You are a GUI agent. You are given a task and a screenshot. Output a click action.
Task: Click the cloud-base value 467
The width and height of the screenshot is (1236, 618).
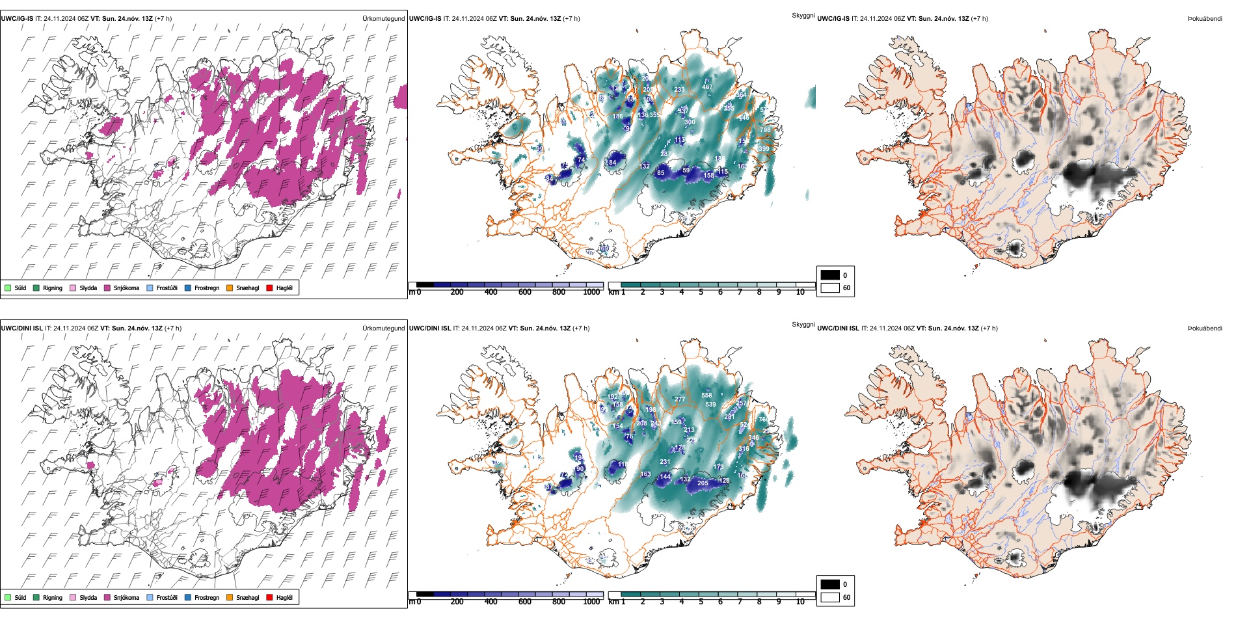pos(707,87)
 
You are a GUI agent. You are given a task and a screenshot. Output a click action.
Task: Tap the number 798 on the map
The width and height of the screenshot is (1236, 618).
pos(765,130)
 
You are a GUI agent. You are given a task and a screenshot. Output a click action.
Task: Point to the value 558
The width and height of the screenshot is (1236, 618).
pos(706,396)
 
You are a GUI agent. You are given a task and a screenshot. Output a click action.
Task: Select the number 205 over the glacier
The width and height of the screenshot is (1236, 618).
pos(703,483)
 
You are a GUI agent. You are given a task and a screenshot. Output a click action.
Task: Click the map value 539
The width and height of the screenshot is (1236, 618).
pos(710,405)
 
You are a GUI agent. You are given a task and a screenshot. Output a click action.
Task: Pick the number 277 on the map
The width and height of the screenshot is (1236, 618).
pos(680,399)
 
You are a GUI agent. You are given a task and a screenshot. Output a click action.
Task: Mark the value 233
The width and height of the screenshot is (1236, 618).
pos(679,90)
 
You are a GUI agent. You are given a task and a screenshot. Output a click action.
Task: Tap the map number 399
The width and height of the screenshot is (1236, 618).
pos(764,149)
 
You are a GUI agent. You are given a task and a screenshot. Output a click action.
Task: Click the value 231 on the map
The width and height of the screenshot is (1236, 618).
pos(665,462)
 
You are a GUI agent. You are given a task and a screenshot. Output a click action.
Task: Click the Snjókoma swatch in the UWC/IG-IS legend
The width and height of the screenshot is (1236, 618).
pos(107,288)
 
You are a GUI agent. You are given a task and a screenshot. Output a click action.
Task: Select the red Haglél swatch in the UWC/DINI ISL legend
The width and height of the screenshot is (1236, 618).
pos(270,597)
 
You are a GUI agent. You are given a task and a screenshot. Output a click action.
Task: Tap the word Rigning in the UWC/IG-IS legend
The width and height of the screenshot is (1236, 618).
pos(53,288)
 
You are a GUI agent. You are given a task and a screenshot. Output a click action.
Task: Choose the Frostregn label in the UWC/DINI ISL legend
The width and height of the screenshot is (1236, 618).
pos(207,598)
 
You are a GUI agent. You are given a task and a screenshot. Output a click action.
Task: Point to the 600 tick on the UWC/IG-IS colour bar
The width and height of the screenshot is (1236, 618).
pos(524,292)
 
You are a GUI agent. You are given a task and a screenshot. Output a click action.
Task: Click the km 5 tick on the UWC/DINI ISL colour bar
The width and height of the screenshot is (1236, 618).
pos(701,602)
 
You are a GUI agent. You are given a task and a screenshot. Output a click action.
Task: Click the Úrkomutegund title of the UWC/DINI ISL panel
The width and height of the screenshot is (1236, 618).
pos(383,329)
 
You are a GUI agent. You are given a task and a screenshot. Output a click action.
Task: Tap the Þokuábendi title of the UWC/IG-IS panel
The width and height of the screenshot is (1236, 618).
pos(1205,19)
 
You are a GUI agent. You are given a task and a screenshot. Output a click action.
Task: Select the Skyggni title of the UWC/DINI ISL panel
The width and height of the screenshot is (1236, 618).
pos(803,325)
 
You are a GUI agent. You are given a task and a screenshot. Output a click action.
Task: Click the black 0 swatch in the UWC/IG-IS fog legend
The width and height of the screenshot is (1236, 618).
pos(830,275)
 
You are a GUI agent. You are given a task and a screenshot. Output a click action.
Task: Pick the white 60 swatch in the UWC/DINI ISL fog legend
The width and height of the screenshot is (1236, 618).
pos(830,597)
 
